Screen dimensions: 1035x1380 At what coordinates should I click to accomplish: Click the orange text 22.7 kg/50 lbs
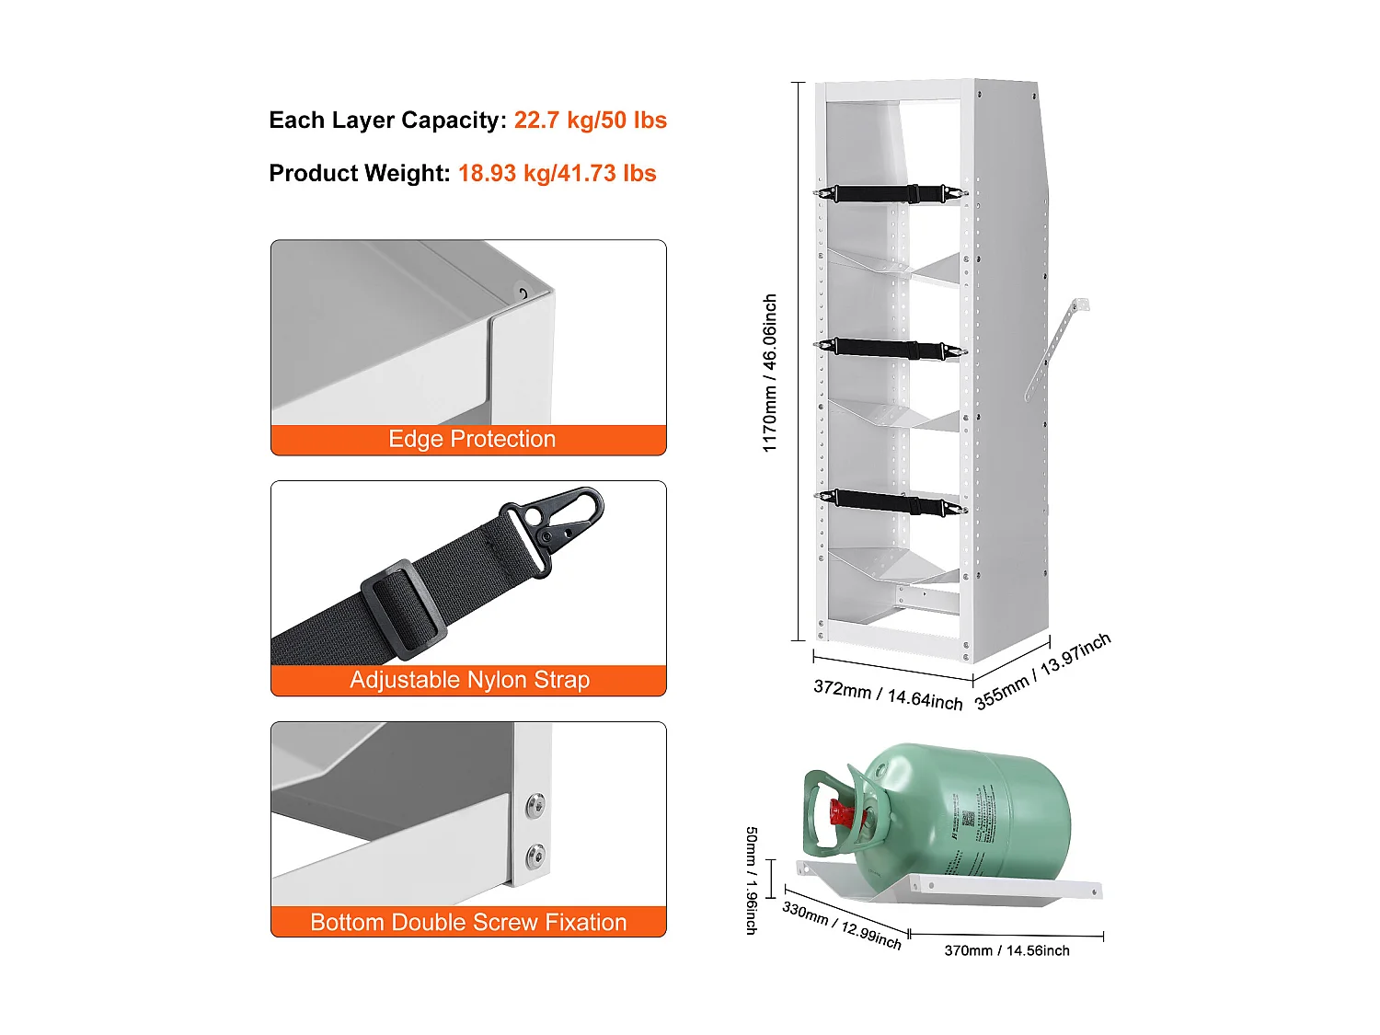[x=590, y=121]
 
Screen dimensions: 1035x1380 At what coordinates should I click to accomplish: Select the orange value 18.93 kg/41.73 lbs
[x=557, y=174]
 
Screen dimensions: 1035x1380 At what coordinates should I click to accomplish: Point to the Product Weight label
[x=359, y=174]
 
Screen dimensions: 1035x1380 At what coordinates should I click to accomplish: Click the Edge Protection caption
[x=471, y=440]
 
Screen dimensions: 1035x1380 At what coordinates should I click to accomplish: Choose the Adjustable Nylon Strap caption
[x=469, y=681]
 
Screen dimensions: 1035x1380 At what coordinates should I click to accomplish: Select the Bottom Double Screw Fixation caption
[x=468, y=923]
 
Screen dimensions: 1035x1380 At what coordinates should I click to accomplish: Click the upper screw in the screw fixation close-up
[x=535, y=807]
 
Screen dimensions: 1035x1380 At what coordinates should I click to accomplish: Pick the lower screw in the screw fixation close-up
[x=535, y=857]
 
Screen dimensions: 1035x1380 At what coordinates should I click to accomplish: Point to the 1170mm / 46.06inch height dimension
[x=770, y=373]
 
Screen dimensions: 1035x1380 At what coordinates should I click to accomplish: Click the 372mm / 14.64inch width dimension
[x=887, y=696]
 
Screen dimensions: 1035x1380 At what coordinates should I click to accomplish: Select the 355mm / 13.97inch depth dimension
[x=1042, y=671]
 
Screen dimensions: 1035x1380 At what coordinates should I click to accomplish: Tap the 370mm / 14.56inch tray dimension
[x=1006, y=951]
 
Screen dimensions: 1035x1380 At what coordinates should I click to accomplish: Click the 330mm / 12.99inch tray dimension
[x=841, y=925]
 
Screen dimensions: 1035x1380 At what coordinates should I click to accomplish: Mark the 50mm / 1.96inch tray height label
[x=752, y=880]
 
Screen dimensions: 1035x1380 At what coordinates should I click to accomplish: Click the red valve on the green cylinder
[x=842, y=814]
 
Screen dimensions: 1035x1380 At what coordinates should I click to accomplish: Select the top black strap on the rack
[x=890, y=194]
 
